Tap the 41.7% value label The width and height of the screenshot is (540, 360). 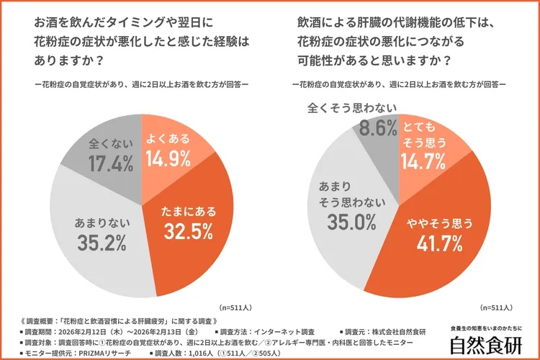pyautogui.click(x=438, y=244)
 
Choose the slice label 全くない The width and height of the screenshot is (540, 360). pyautogui.click(x=109, y=143)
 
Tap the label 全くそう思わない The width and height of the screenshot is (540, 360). pyautogui.click(x=351, y=109)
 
